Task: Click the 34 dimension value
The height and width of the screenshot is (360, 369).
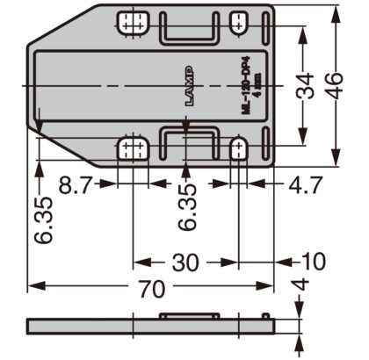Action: pos(301,86)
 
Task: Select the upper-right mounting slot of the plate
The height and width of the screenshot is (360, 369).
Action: pos(239,21)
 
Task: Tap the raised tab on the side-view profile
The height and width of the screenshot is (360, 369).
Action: pos(189,313)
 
